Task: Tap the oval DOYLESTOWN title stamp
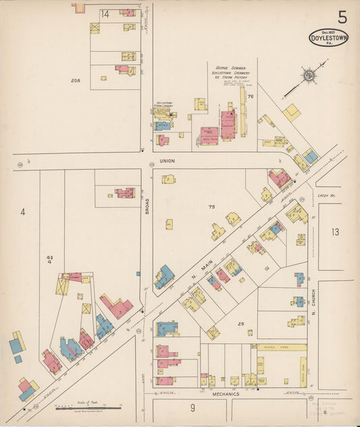click(329, 39)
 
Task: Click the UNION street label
click(167, 161)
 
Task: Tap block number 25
click(240, 324)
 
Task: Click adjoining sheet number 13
click(336, 232)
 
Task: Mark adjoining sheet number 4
click(23, 212)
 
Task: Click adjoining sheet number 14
click(105, 14)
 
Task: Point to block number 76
click(250, 97)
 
